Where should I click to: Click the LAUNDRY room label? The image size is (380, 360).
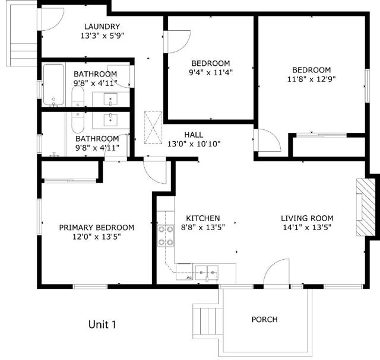(102, 26)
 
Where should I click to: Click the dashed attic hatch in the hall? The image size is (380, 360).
(153, 128)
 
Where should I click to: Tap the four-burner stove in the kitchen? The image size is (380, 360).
(166, 235)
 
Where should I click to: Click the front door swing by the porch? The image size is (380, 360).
(276, 274)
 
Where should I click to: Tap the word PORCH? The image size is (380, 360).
(264, 319)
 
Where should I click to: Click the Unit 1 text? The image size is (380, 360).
(102, 324)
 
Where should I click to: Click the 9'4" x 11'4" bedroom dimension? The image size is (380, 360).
(210, 73)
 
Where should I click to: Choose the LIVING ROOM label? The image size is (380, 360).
(307, 218)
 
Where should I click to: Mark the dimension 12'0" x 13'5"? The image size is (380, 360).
(96, 237)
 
